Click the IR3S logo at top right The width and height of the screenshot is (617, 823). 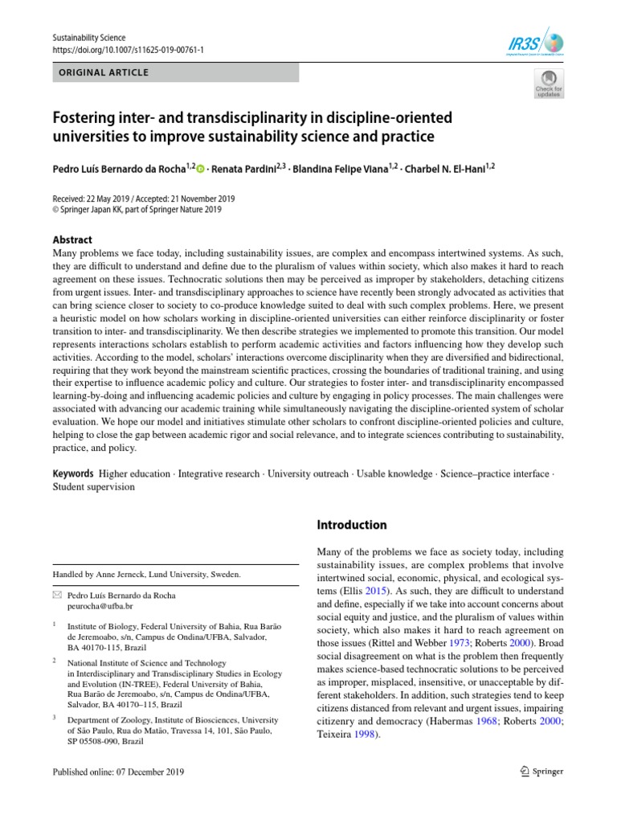[537, 42]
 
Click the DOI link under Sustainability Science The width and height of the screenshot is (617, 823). [128, 50]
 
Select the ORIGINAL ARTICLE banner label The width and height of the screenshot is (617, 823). [102, 72]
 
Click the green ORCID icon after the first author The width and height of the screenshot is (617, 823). [200, 169]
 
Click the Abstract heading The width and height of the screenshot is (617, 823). [72, 240]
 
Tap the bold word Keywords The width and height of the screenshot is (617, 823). [74, 473]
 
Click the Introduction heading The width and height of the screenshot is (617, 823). [352, 525]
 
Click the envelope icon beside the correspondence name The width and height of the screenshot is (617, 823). [57, 596]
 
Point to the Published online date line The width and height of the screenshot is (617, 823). [118, 772]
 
